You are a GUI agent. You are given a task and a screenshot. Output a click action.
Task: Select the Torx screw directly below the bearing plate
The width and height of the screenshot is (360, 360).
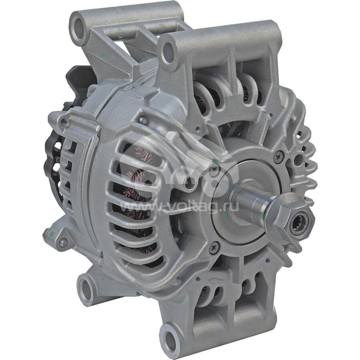point(215,246)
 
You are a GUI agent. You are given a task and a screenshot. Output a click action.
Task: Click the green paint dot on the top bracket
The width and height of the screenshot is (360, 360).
point(105,55)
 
